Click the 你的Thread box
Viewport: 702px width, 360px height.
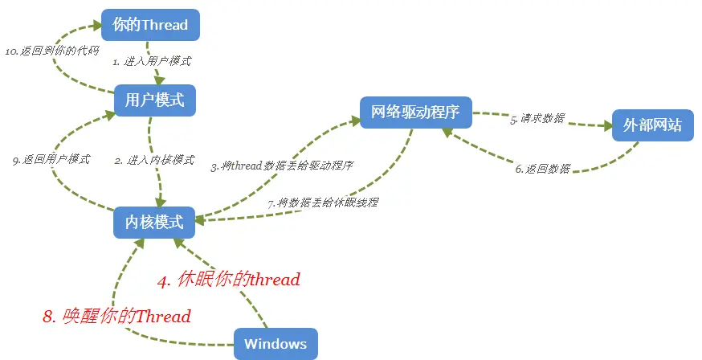point(150,24)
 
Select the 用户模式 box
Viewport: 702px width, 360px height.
point(154,100)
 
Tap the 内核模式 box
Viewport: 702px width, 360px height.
point(154,222)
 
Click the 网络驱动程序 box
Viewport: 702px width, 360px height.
point(414,112)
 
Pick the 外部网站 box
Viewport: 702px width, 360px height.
point(652,125)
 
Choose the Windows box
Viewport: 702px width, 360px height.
point(275,344)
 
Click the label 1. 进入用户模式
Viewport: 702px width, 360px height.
point(152,61)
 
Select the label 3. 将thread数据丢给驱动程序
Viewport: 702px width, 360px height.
point(282,166)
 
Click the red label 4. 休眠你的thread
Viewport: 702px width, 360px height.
point(228,280)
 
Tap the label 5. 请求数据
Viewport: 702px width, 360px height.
point(537,118)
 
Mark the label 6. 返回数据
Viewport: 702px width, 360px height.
point(543,169)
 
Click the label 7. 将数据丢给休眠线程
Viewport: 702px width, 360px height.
point(323,202)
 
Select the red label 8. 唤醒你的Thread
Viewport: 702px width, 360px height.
point(116,316)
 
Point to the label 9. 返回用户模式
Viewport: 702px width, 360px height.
point(51,159)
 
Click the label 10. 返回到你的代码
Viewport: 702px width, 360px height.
point(52,50)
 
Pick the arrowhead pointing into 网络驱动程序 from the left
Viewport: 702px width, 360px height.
point(354,121)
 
